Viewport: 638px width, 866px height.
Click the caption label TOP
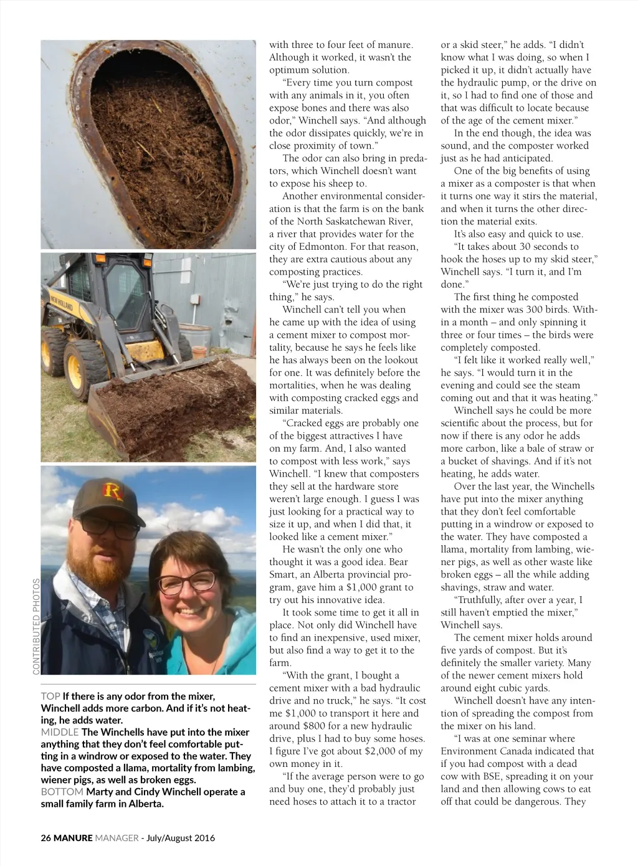tap(50, 697)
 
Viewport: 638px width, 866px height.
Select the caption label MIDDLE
tap(60, 733)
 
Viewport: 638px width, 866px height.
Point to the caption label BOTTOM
tap(62, 792)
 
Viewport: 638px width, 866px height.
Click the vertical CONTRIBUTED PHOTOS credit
tap(36, 626)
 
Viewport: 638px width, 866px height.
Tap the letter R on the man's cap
tap(112, 492)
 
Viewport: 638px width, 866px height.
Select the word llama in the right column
tap(453, 550)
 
